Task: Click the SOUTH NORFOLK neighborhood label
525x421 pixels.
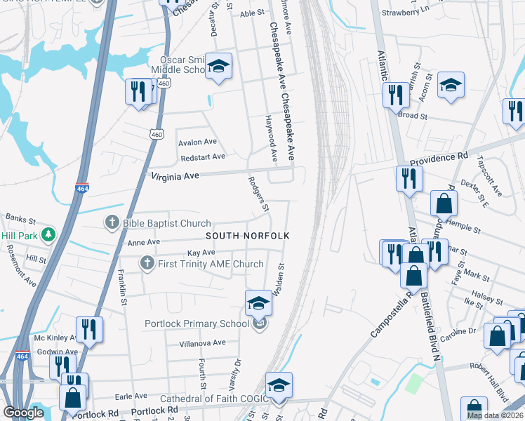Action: point(248,236)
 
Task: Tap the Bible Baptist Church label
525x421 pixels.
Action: point(166,224)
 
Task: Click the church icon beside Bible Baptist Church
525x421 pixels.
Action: point(112,224)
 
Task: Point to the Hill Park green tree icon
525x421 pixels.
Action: point(48,234)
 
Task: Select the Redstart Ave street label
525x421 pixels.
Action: point(201,156)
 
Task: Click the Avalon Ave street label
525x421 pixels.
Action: point(197,142)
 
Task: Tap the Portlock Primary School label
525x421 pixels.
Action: point(197,323)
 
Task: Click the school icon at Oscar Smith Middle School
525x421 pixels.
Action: point(218,67)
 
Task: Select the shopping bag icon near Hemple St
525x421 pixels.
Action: point(444,203)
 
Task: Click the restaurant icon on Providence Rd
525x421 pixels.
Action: point(406,178)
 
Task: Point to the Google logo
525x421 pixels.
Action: point(24,413)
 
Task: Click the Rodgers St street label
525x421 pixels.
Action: point(258,193)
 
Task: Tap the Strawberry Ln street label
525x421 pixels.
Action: point(405,13)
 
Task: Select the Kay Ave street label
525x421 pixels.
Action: point(201,253)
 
